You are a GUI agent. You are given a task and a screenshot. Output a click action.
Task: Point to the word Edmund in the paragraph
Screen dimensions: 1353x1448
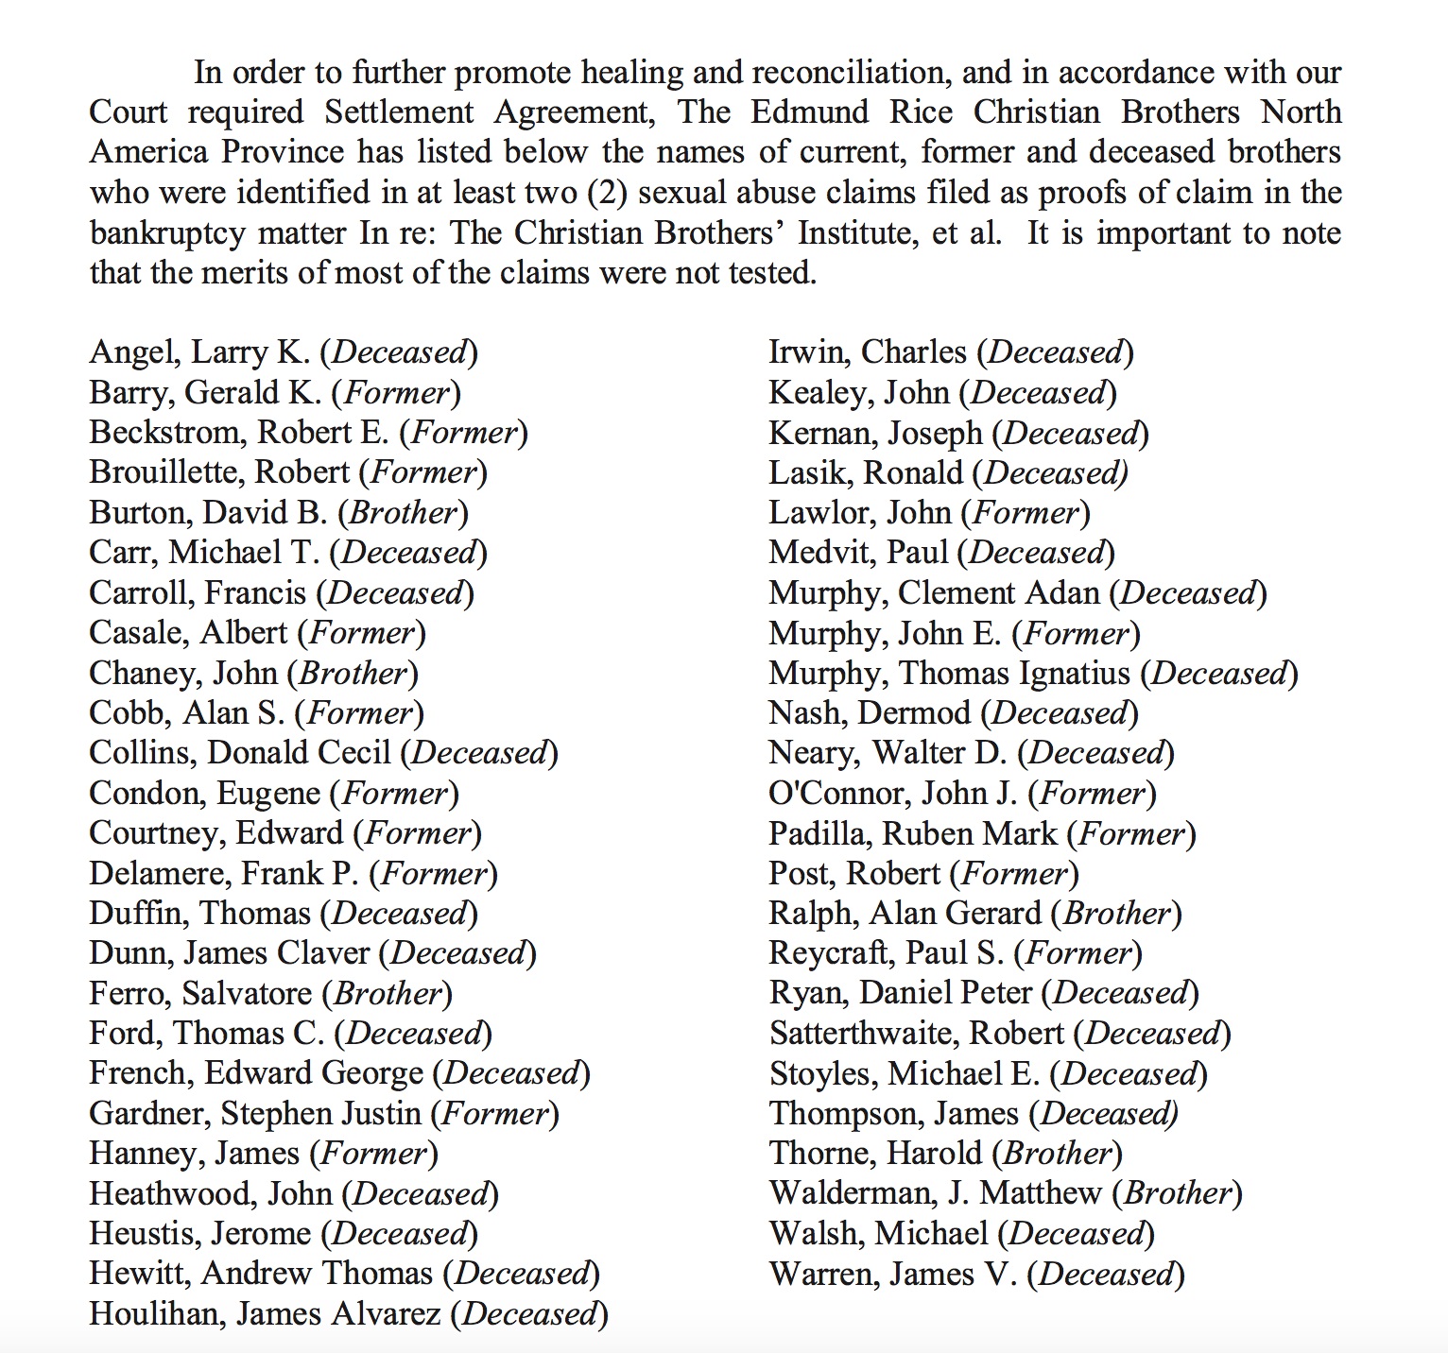(810, 112)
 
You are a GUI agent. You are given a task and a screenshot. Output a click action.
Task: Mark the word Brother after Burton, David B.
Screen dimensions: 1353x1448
(404, 513)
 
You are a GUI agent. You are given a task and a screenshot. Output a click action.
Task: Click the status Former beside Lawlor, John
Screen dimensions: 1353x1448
(1026, 513)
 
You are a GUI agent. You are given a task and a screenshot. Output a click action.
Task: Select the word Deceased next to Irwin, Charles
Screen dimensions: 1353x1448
(1055, 353)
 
